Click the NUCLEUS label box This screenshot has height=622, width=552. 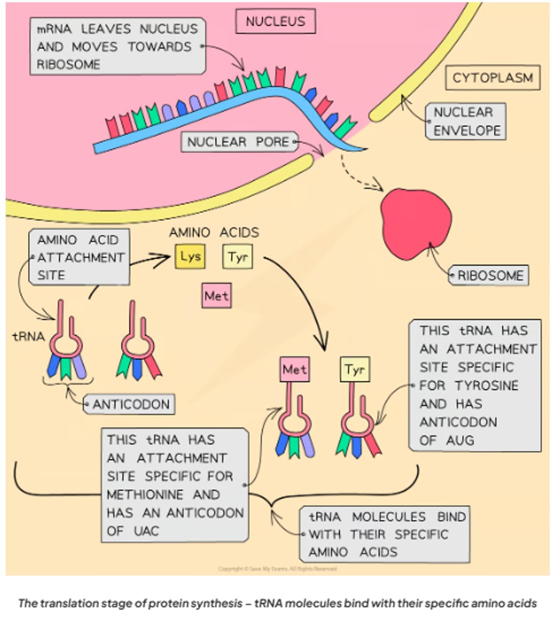(275, 22)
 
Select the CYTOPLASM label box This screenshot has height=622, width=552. (493, 78)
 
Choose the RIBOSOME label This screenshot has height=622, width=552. (490, 276)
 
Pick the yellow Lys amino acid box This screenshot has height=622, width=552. (191, 257)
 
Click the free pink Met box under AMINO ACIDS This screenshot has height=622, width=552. (217, 296)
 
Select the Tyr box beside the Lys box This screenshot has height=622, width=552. (238, 257)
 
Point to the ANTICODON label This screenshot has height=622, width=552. (129, 404)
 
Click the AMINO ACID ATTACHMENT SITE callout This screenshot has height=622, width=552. (79, 257)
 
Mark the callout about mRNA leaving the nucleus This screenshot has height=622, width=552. (117, 46)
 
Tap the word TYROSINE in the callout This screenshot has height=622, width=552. (487, 385)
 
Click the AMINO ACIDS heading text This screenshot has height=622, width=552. (214, 232)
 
